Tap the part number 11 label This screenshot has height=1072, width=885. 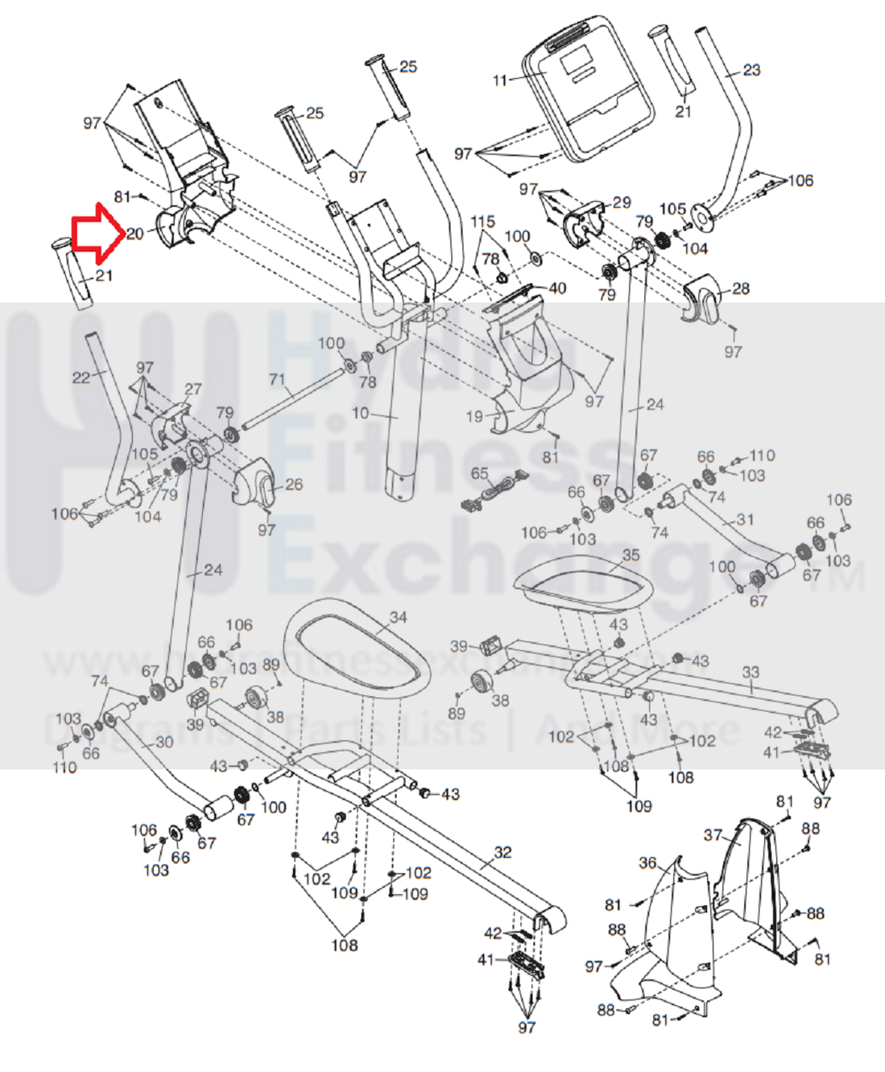click(x=500, y=81)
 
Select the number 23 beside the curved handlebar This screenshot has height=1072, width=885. click(x=751, y=70)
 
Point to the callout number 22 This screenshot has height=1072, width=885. click(x=81, y=377)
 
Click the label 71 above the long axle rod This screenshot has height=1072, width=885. click(x=277, y=379)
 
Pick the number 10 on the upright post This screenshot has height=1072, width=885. click(x=360, y=413)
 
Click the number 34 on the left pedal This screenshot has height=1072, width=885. click(x=398, y=617)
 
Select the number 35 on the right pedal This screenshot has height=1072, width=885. click(x=631, y=554)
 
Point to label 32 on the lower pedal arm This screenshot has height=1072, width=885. click(x=502, y=852)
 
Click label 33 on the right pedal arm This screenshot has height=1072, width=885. click(x=751, y=672)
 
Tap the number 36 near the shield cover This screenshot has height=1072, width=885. click(x=647, y=863)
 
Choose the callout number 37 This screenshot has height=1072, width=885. click(x=713, y=835)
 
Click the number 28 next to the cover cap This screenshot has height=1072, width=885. click(x=740, y=288)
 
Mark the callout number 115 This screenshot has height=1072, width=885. click(x=482, y=221)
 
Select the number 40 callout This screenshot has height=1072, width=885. click(x=557, y=288)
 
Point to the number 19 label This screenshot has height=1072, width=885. click(x=474, y=416)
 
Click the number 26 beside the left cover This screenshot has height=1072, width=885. click(x=294, y=484)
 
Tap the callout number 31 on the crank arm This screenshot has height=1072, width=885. click(x=745, y=519)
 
